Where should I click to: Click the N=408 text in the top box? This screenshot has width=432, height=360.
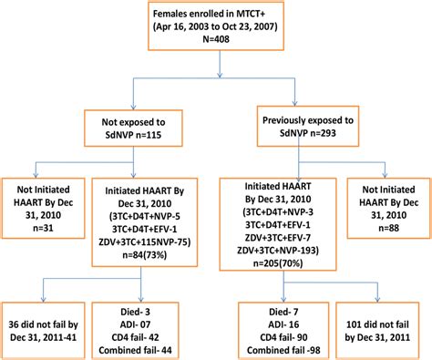(216, 55)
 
